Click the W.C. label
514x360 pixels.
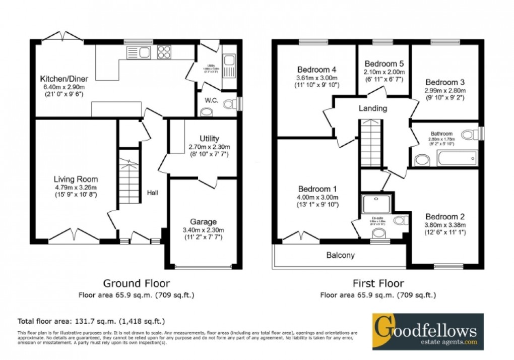(x=211, y=100)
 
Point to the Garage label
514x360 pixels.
(x=203, y=222)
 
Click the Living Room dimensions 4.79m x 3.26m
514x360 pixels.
(x=76, y=187)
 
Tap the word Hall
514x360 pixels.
(x=153, y=192)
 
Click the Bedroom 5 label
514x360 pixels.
(x=384, y=64)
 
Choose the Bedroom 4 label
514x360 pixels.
(x=316, y=70)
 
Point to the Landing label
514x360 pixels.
(x=372, y=108)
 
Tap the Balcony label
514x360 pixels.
(x=341, y=255)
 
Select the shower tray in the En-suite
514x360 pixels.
(x=374, y=204)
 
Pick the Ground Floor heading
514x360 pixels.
(x=136, y=283)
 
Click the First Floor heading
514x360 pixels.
(x=378, y=283)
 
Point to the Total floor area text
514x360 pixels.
(x=91, y=321)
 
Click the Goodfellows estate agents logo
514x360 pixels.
(x=428, y=331)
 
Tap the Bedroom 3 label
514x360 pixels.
(x=444, y=82)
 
